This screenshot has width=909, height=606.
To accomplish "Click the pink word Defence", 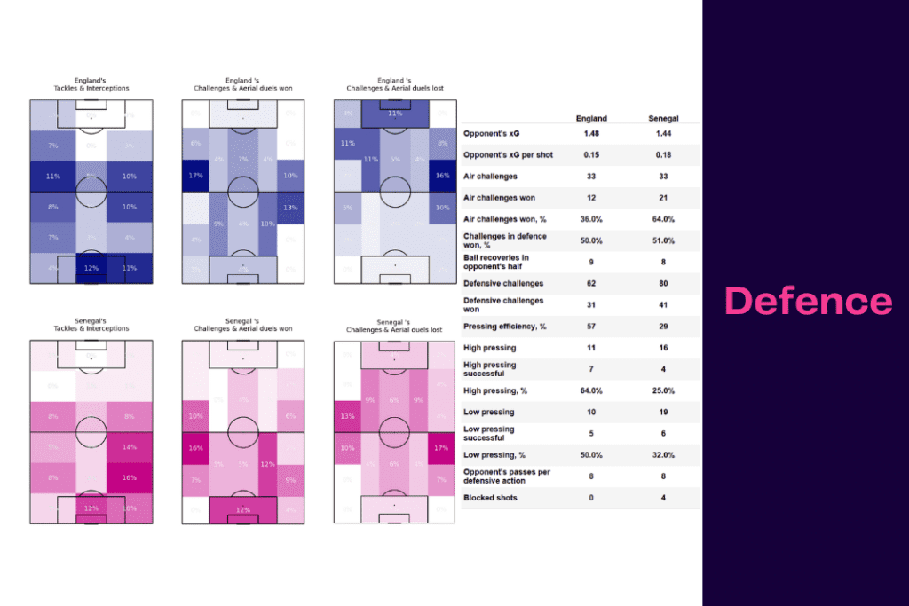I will (808, 302).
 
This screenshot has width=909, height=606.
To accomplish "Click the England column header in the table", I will (591, 118).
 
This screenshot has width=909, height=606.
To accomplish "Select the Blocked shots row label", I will (490, 498).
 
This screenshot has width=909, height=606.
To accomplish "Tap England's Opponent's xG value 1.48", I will (591, 133).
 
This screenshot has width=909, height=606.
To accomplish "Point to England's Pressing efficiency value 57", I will (591, 327).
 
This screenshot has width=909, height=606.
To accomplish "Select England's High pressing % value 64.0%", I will (591, 390).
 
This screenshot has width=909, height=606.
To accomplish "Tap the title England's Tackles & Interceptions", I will (91, 84).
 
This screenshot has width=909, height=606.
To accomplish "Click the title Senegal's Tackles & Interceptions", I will (91, 325).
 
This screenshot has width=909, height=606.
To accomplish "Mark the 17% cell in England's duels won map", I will (195, 176).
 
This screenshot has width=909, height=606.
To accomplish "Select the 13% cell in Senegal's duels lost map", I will (347, 416).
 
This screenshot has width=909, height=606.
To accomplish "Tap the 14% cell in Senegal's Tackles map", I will (129, 447).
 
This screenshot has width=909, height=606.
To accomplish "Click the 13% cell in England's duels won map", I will (290, 208).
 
